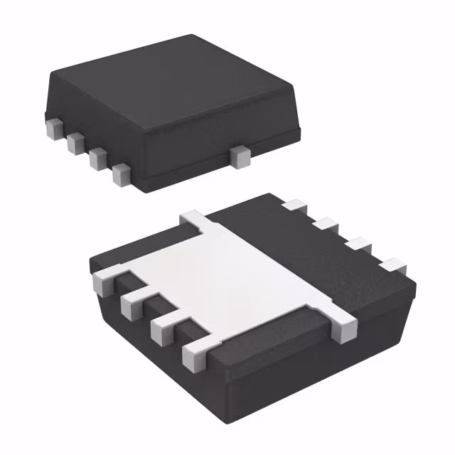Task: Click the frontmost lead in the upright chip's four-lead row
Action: pos(122,173)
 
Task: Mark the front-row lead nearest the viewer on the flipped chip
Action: pos(195,353)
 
